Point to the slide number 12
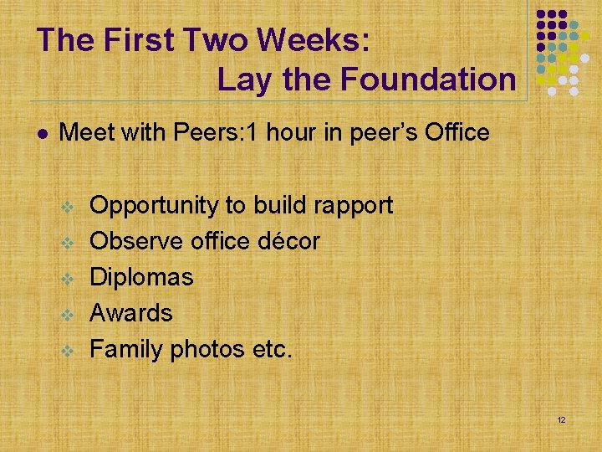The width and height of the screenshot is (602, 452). tap(561, 419)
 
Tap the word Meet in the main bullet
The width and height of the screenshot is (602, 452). tap(86, 132)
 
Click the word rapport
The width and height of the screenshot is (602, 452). tap(350, 206)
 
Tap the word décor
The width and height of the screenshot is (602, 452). tap(288, 241)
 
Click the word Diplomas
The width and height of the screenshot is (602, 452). tap(141, 277)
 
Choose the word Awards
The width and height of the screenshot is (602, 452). tap(131, 313)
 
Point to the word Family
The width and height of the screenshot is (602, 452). tap(126, 349)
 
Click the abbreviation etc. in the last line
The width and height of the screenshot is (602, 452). tap(273, 349)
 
